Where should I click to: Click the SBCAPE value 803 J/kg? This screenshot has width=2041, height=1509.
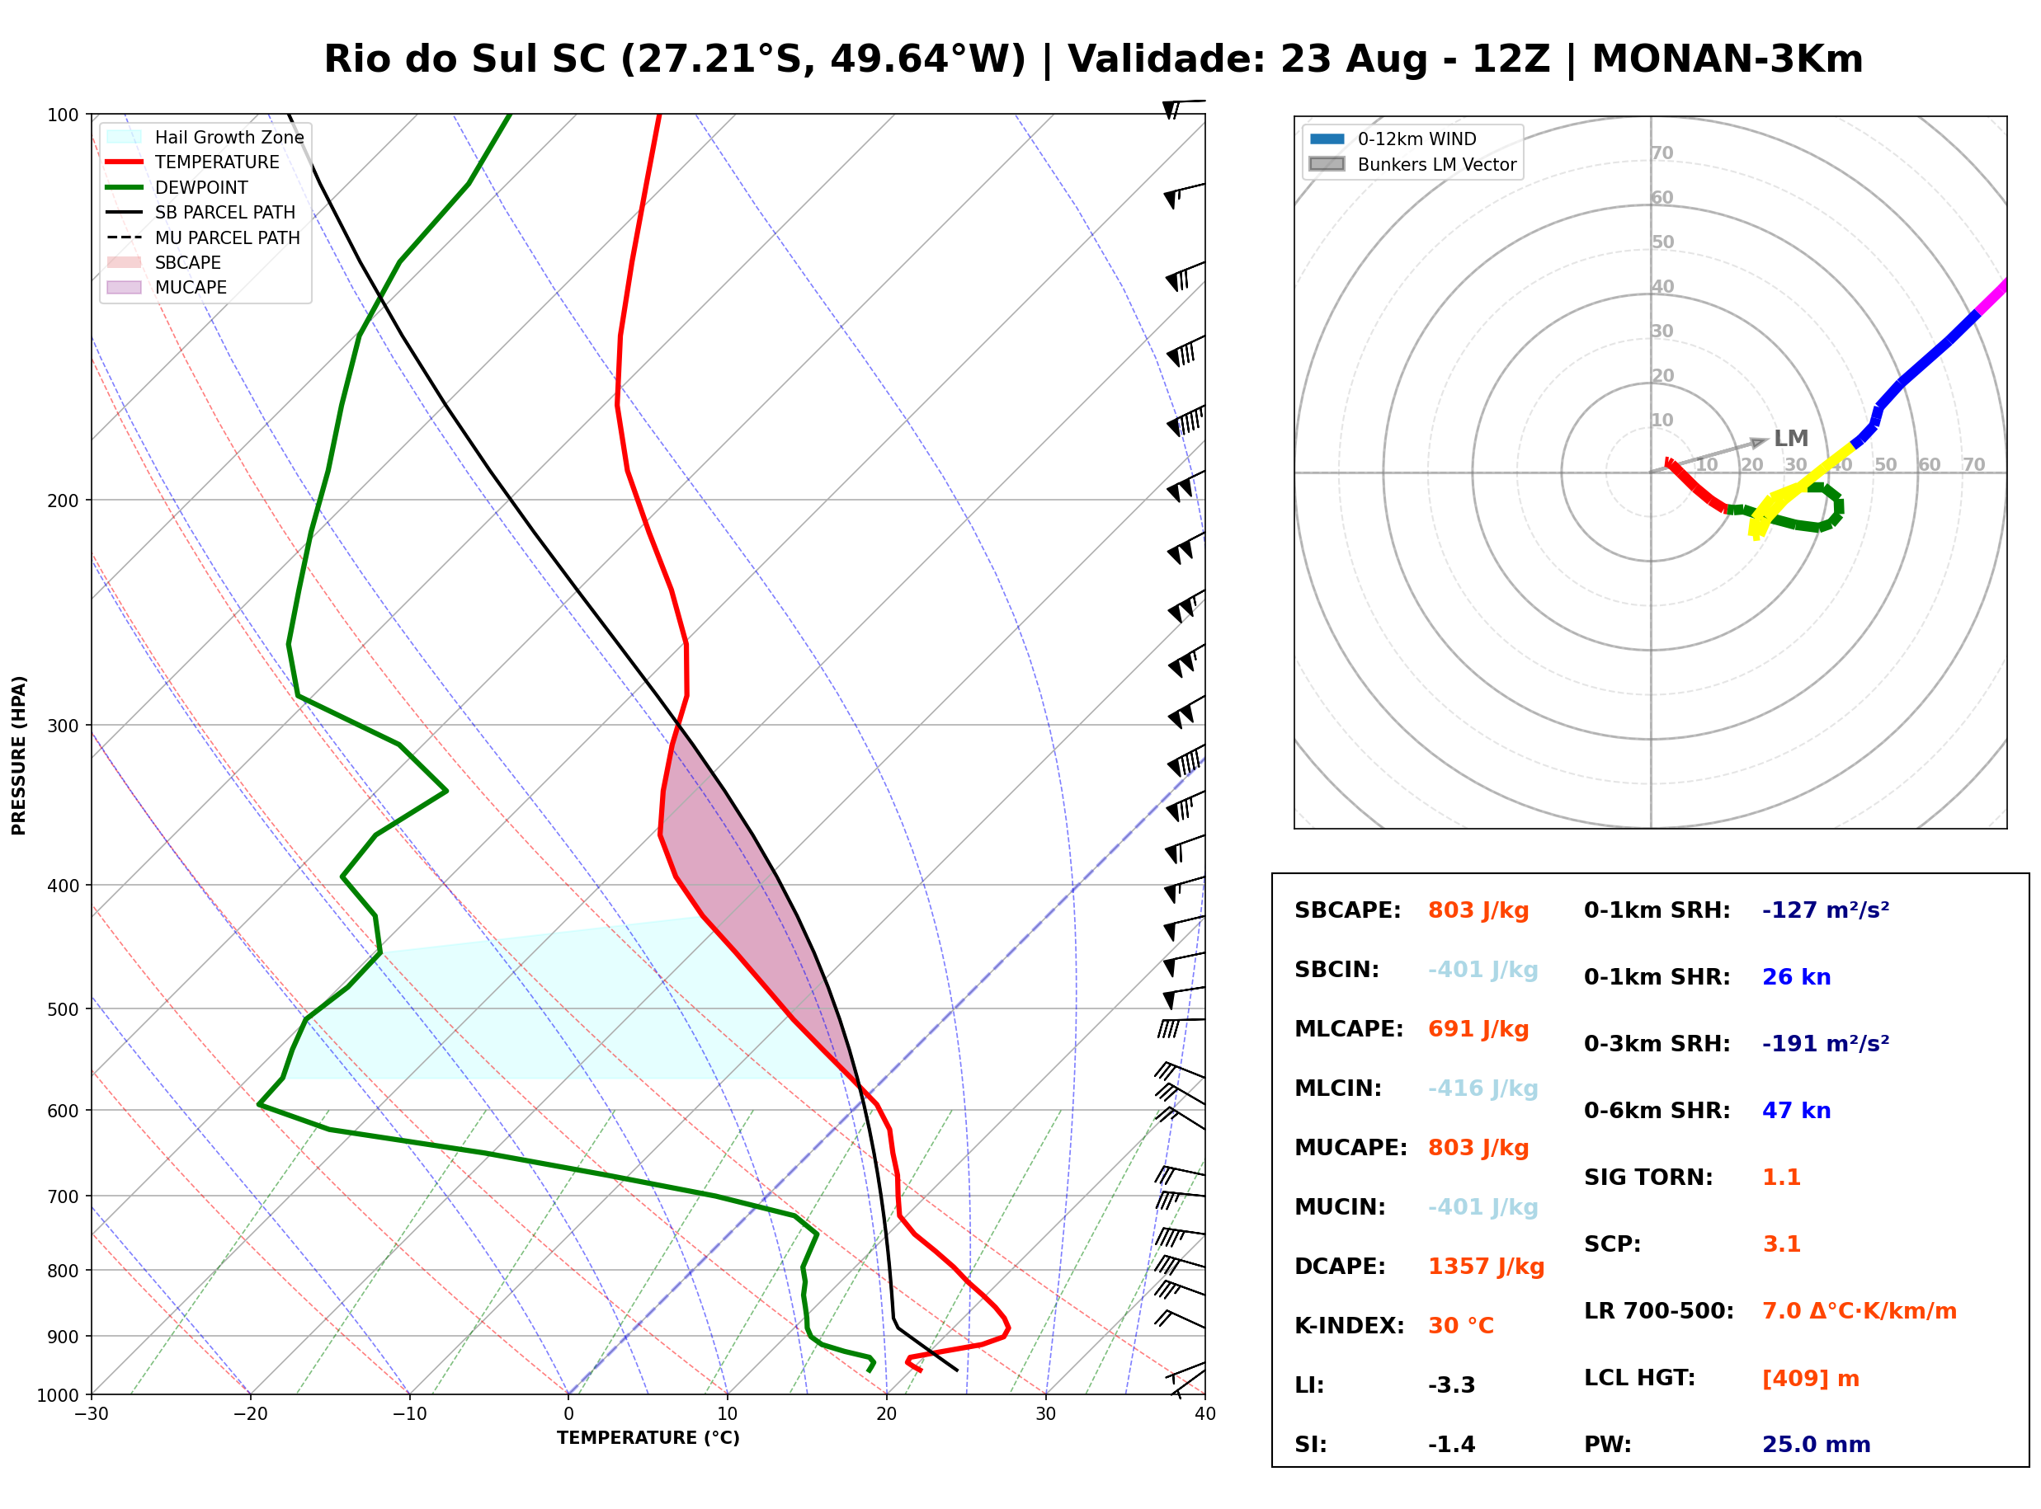[1478, 910]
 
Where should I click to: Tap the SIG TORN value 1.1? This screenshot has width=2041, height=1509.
[1780, 1178]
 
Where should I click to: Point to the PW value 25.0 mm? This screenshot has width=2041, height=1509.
[1815, 1445]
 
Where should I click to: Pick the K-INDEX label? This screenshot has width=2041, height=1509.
[1349, 1326]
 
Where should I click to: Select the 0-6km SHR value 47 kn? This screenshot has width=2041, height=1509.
[1796, 1111]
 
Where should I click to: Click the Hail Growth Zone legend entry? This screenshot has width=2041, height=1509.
[205, 137]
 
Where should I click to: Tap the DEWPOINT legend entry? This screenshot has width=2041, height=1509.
[177, 187]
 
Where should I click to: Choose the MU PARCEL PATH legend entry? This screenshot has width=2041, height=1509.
[203, 237]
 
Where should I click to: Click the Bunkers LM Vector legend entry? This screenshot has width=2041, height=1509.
[1412, 164]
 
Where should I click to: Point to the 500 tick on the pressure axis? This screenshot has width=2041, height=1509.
[64, 1009]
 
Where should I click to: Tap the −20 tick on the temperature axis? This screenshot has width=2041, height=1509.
[249, 1414]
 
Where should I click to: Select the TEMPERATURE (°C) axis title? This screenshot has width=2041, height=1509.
[648, 1438]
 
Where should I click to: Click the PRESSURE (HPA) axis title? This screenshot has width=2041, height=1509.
[19, 755]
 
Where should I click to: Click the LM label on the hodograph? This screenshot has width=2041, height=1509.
[1791, 439]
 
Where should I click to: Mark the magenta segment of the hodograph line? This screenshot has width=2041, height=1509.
[1992, 298]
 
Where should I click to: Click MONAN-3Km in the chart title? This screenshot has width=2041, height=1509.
[1727, 59]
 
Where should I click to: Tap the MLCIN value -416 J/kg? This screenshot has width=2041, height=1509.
[1482, 1088]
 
